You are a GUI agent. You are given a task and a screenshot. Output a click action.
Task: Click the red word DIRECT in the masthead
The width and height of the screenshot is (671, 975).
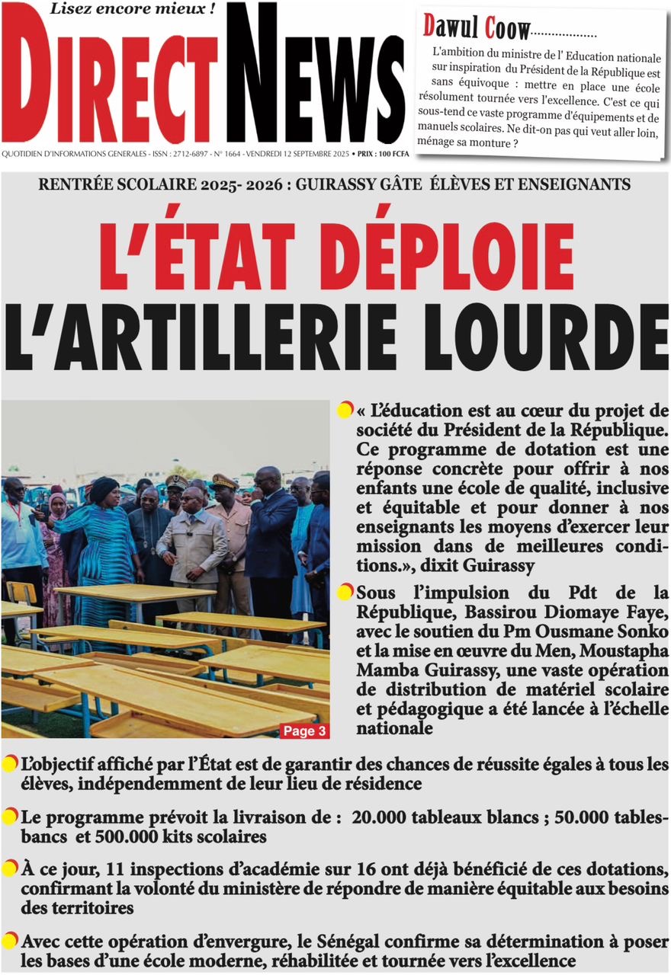point(111,88)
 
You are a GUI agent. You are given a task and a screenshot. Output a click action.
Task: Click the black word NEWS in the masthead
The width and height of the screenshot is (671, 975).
point(315,76)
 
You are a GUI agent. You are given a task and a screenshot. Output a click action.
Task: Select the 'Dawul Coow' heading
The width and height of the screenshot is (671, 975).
point(476,27)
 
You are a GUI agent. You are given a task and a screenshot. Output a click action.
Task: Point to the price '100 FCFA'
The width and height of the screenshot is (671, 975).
point(391,154)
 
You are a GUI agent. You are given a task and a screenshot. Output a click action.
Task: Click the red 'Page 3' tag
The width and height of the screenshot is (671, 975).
point(304,731)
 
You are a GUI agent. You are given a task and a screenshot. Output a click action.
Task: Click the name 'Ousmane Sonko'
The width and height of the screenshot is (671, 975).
point(609,632)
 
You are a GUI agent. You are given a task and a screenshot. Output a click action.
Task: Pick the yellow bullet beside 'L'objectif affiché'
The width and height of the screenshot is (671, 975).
point(10,763)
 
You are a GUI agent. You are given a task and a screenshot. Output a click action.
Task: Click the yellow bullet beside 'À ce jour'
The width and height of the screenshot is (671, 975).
point(10,868)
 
